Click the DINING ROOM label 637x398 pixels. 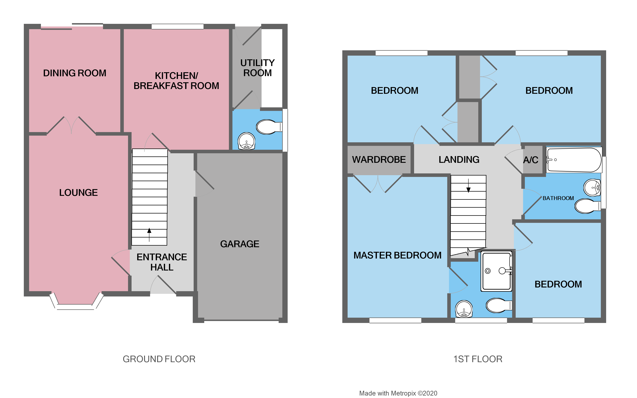[x=75, y=73]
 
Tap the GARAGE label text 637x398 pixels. [x=239, y=244]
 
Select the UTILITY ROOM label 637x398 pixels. [x=257, y=68]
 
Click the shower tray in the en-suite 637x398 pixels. [x=496, y=271]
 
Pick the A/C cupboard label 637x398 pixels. [x=530, y=160]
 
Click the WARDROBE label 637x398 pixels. [x=379, y=159]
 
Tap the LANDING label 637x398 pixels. [x=459, y=159]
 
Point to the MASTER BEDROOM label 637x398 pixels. [x=397, y=255]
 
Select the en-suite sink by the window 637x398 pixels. [x=464, y=309]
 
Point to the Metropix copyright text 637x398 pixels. [x=398, y=393]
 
